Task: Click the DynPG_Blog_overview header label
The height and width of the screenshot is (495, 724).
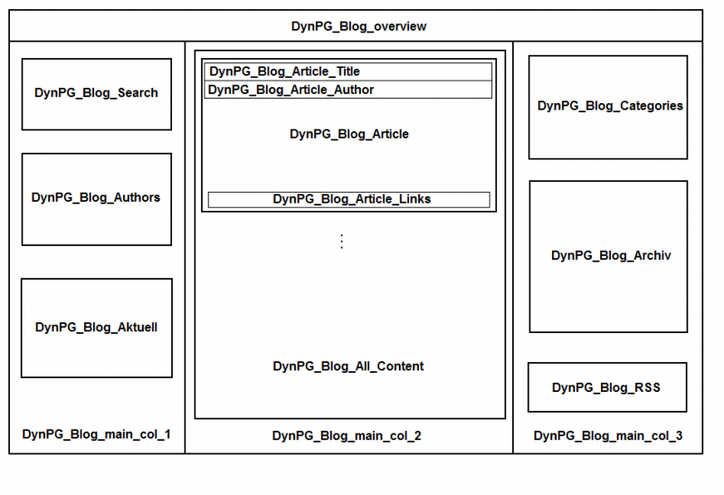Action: (358, 26)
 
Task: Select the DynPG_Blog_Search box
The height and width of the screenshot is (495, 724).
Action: (96, 93)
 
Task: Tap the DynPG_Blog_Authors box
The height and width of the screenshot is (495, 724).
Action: (96, 198)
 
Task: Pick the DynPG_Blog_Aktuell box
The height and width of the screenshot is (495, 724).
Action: (96, 328)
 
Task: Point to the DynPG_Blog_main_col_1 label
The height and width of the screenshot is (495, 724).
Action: (96, 435)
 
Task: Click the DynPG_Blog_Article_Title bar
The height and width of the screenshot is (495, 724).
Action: (348, 71)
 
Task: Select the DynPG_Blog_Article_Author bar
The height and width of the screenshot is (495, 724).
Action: (348, 90)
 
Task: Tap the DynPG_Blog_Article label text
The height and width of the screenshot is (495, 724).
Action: (348, 134)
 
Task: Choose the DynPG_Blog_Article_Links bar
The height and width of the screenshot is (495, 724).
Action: (348, 199)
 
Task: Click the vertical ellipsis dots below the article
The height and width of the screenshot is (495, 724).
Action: (341, 242)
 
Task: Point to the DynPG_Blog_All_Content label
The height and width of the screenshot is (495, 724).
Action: (348, 366)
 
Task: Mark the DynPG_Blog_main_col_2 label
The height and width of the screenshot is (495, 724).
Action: (347, 436)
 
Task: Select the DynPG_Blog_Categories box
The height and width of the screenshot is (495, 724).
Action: (608, 107)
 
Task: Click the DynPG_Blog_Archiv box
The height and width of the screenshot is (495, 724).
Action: (608, 256)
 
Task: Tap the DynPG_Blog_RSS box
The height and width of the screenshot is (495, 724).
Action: (606, 387)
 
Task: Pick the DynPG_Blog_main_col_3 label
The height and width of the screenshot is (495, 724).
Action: (608, 436)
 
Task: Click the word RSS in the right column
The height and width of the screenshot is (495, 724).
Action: (647, 387)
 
